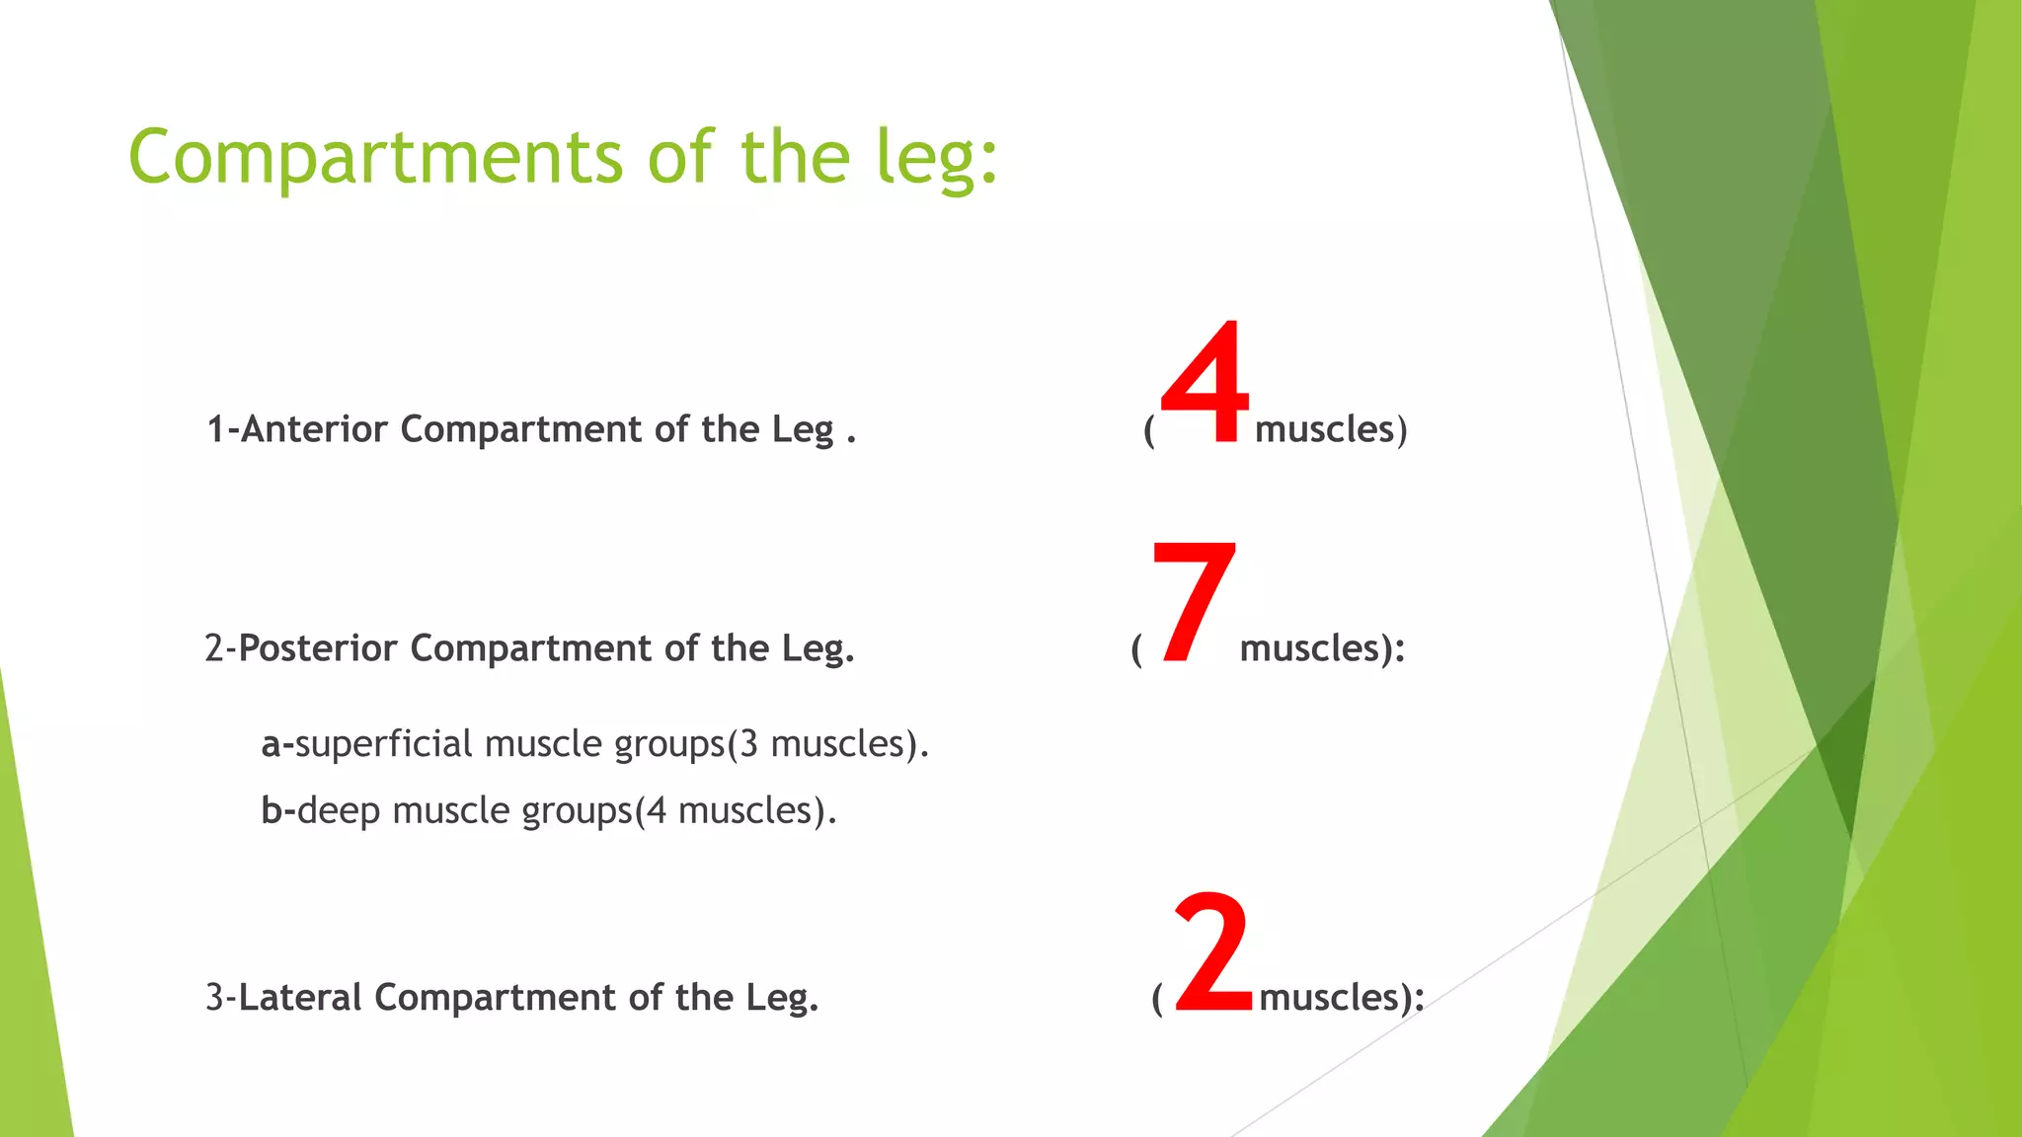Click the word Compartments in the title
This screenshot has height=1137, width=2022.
point(375,158)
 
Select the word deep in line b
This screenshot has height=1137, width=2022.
point(339,811)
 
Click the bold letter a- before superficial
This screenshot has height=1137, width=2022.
point(276,744)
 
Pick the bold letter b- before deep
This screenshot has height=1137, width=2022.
point(277,811)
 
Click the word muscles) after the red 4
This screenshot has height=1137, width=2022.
point(1330,429)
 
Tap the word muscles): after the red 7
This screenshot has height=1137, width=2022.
point(1322,648)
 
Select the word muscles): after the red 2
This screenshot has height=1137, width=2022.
point(1341,998)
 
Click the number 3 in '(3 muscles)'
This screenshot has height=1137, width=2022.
point(748,743)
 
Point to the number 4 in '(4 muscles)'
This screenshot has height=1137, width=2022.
point(657,811)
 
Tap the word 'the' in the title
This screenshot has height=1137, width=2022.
point(795,158)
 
